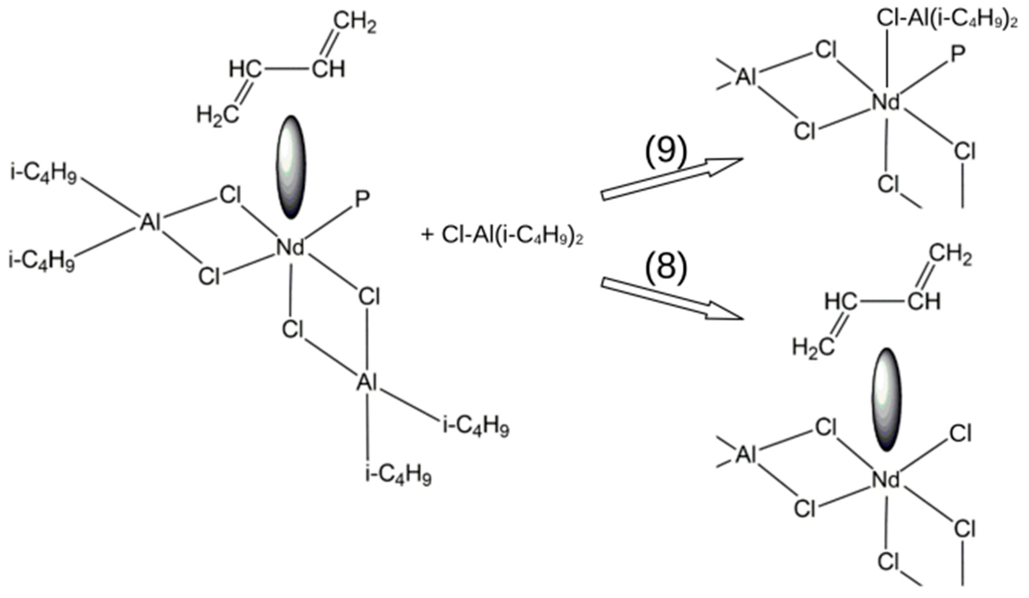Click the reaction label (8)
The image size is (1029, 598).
pos(666,268)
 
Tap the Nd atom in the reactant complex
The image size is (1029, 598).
pos(290,248)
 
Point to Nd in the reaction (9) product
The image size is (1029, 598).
pos(885,103)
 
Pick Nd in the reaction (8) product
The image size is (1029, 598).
pos(885,480)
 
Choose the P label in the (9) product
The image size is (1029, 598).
pos(958,54)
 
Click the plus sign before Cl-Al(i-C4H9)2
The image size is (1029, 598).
pos(427,236)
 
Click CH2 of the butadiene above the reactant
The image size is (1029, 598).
pos(355,23)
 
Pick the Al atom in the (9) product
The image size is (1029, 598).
pos(747,78)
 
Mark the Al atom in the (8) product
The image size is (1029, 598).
pos(747,455)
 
